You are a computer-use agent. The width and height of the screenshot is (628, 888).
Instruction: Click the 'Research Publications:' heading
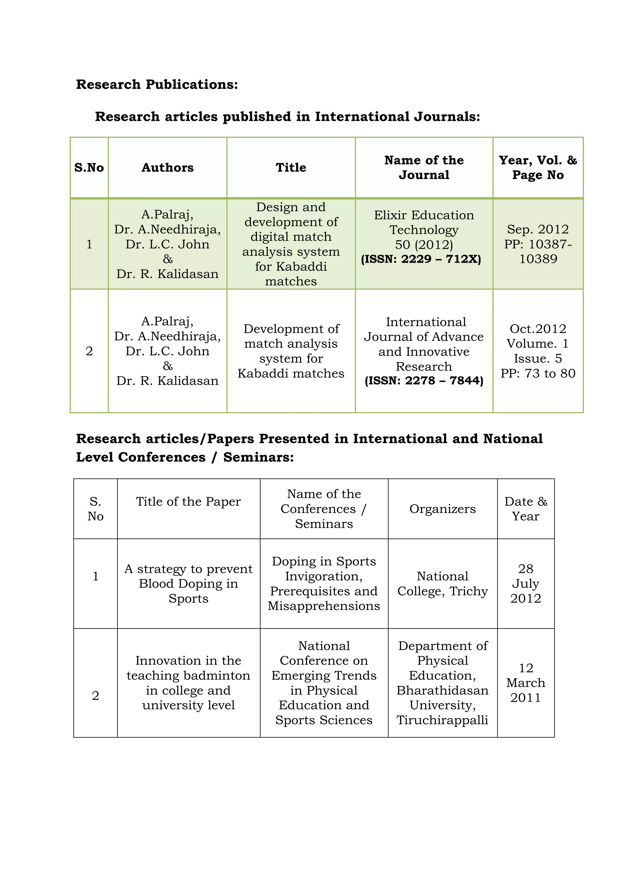(x=157, y=84)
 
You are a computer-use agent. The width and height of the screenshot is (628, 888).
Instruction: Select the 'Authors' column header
(x=167, y=167)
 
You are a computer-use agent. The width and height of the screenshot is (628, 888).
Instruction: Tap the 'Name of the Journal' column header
(x=424, y=167)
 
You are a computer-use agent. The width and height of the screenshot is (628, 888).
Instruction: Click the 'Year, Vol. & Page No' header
(x=538, y=167)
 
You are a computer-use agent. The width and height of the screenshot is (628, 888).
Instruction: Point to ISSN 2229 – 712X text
(x=421, y=259)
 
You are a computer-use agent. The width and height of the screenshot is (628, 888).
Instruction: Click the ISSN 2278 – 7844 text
(x=424, y=381)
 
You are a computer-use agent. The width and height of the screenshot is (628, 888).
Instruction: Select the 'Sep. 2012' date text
(x=538, y=229)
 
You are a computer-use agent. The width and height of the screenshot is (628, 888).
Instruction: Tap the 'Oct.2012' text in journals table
(x=538, y=329)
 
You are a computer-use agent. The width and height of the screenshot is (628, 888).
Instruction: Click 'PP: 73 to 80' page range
(x=538, y=373)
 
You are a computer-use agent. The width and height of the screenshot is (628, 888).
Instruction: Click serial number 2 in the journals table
(x=89, y=351)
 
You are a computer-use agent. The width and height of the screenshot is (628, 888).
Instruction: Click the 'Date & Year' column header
(x=526, y=509)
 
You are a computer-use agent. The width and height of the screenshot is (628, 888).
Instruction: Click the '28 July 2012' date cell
(x=526, y=584)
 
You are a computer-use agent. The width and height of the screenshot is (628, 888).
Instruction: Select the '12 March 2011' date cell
(x=526, y=683)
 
